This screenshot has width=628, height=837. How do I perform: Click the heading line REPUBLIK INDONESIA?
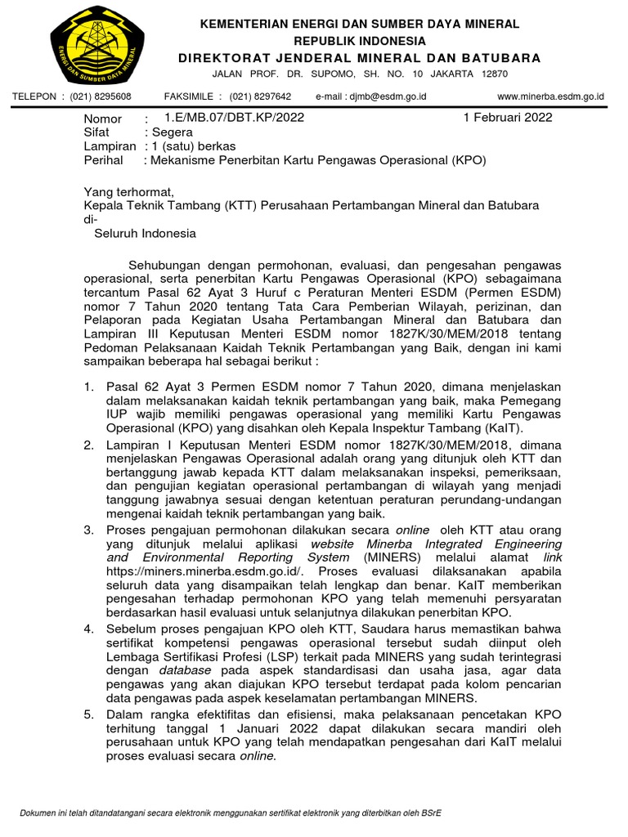point(361,41)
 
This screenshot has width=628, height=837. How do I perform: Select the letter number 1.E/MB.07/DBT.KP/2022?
point(234,117)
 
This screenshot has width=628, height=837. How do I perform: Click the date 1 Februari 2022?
point(508,117)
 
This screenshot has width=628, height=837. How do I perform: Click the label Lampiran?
point(110,146)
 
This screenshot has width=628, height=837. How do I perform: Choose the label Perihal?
point(105,161)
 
